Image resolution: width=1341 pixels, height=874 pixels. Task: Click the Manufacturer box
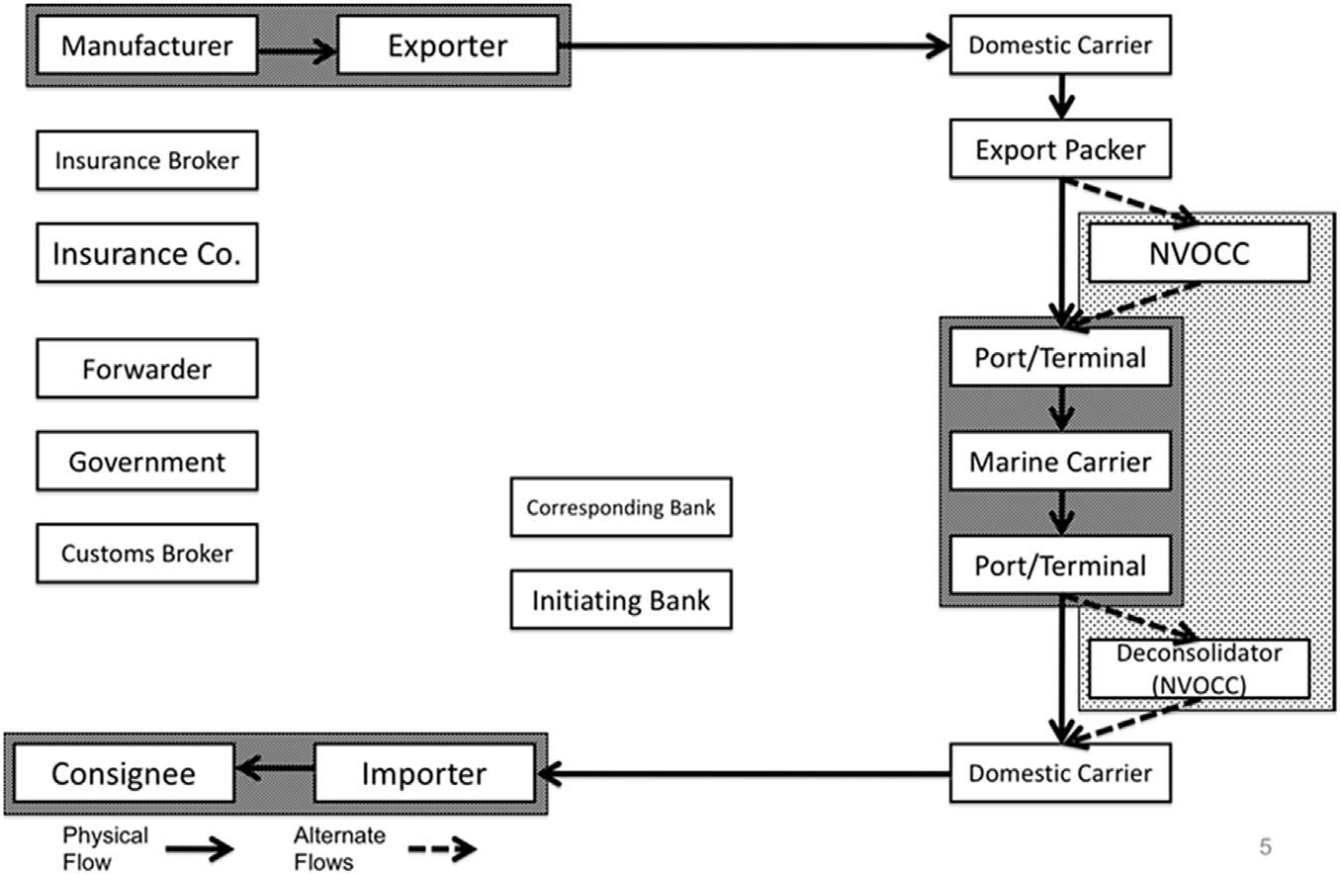pos(146,45)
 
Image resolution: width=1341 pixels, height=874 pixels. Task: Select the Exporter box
pos(447,45)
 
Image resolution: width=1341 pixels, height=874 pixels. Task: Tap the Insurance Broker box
pos(146,160)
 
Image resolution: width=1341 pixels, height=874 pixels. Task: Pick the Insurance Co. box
pos(146,253)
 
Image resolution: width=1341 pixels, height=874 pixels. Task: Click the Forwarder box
pos(146,369)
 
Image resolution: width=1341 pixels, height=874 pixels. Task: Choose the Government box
pos(146,461)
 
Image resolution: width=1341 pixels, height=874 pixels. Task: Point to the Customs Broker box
pos(146,553)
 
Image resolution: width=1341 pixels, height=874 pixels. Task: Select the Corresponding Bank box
pos(620,507)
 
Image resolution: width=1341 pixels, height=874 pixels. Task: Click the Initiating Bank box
pos(620,599)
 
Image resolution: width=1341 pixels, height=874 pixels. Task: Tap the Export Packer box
pos(1060,149)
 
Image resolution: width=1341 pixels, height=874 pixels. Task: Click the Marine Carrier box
pos(1060,461)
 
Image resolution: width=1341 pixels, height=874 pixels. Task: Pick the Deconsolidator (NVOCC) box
pos(1199,668)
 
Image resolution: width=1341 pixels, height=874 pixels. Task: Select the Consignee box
pos(124,772)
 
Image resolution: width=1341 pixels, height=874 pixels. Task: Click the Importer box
pos(424,772)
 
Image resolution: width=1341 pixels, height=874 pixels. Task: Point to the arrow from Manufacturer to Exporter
pos(298,50)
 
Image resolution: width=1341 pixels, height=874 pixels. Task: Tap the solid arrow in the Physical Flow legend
pos(199,848)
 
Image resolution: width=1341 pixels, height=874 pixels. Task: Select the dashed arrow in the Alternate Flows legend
pos(442,848)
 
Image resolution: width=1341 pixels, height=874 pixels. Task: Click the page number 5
pos(1265,846)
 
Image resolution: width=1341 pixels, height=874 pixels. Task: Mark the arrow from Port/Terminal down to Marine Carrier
pos(1060,406)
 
